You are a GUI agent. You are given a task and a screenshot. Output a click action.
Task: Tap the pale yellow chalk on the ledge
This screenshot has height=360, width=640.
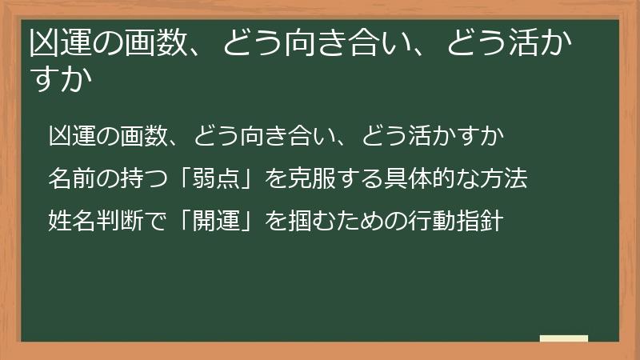click(x=564, y=338)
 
